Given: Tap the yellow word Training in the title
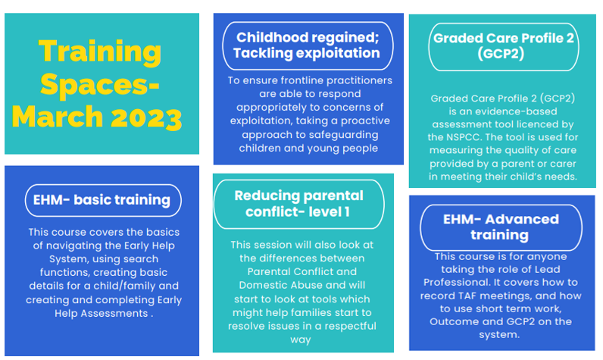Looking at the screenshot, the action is tap(99, 52).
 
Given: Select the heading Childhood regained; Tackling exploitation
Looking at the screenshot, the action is tap(307, 45).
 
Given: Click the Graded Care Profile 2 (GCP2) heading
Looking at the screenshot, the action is tap(503, 46).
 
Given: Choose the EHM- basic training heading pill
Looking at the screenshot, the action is tap(103, 200).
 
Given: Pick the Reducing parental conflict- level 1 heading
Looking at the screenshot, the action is tap(298, 203).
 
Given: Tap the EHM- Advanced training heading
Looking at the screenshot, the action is tap(501, 227).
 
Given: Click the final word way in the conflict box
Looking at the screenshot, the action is tap(300, 340).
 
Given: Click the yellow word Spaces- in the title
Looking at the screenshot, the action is tap(99, 85).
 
